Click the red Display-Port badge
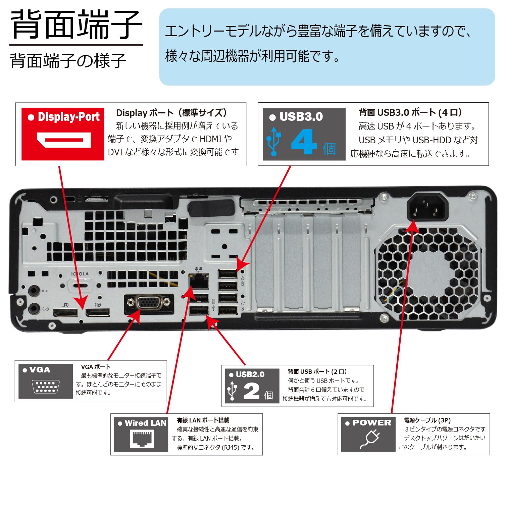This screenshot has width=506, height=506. pos(63,134)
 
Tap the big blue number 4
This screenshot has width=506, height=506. pos(303,142)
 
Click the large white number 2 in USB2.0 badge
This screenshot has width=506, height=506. pos(251,391)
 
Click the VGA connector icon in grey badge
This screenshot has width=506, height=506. pos(46,387)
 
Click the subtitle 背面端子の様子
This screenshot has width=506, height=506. pos(68,61)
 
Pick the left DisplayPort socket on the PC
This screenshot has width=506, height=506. pos(65,313)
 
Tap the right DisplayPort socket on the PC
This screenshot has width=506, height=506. pos(98,312)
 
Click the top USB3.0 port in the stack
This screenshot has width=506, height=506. pos(228,274)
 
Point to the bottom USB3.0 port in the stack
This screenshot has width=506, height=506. pos(228,310)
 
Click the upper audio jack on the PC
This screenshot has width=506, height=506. pos(33,291)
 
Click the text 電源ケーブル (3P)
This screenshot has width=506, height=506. pos(427,420)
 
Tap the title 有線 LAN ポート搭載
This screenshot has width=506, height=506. pos(203,420)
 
